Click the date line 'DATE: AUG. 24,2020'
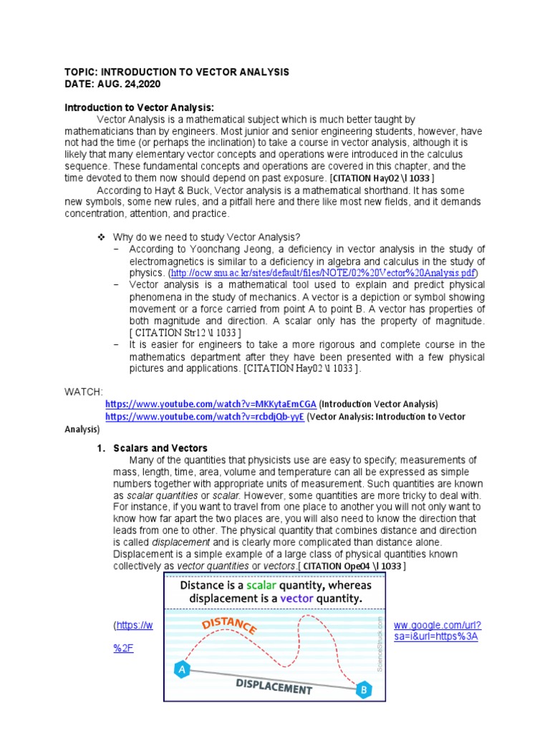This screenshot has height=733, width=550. click(x=113, y=84)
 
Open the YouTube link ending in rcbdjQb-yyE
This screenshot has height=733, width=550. click(x=204, y=417)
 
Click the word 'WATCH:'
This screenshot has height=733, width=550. click(x=84, y=392)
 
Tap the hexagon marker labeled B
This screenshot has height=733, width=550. click(x=364, y=690)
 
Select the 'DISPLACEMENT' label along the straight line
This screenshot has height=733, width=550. click(x=274, y=686)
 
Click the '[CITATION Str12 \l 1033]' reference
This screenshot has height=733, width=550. click(x=185, y=333)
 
